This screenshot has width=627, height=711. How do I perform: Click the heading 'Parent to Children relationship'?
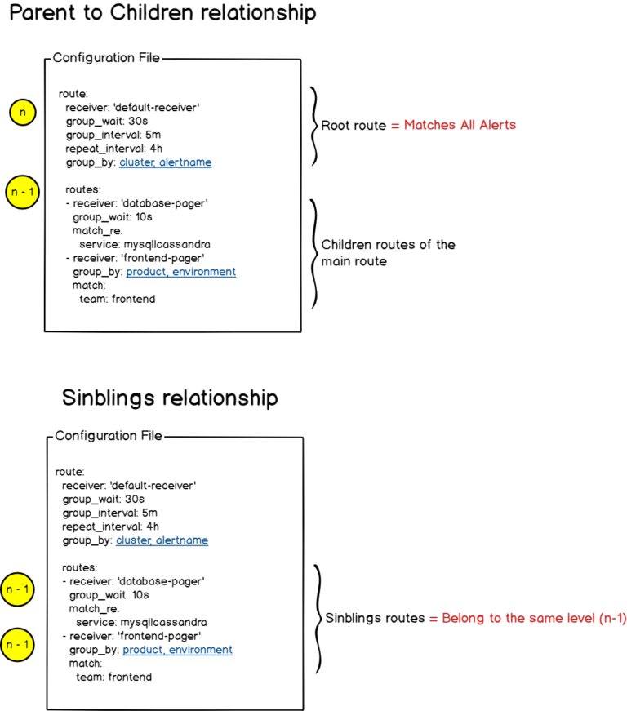[x=164, y=14]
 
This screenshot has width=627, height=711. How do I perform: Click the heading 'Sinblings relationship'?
[x=170, y=398]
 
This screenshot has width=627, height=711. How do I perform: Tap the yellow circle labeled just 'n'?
[x=22, y=113]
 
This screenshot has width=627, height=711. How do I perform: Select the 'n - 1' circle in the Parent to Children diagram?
[x=21, y=193]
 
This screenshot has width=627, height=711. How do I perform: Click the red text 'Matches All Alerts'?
[x=460, y=126]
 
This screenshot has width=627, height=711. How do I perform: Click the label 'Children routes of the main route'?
[x=388, y=252]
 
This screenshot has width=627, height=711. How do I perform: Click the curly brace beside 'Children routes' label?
[x=314, y=252]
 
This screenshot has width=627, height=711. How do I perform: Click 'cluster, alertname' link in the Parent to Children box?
[x=166, y=162]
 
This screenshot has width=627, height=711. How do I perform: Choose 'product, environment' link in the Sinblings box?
[x=177, y=650]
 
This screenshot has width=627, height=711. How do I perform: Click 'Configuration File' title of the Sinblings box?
[x=109, y=436]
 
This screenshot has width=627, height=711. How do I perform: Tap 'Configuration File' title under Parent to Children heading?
[x=107, y=58]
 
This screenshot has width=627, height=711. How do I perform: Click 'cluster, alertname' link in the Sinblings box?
[x=162, y=540]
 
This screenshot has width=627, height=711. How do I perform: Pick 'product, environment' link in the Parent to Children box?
[x=180, y=272]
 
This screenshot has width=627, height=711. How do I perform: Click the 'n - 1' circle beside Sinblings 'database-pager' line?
[x=19, y=589]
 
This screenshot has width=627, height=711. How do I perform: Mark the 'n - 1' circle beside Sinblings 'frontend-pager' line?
[x=19, y=645]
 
